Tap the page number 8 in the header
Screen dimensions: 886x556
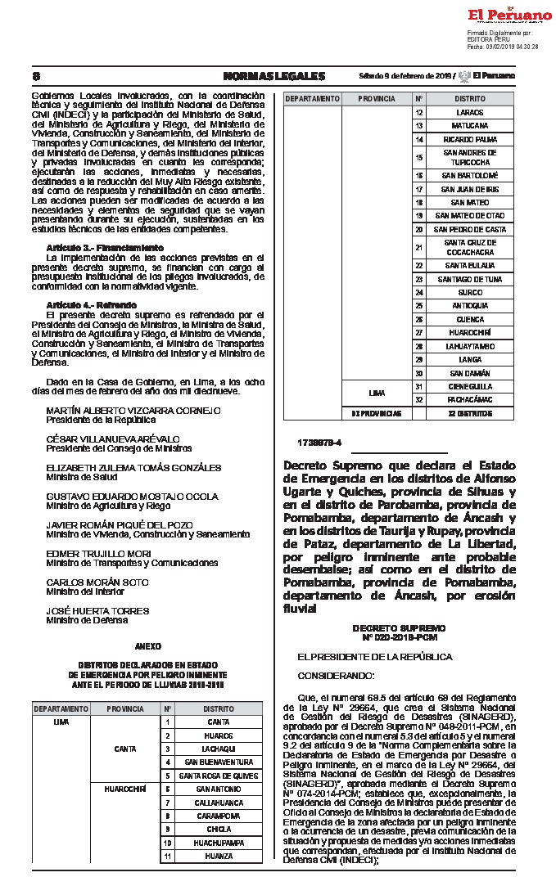pyautogui.click(x=36, y=76)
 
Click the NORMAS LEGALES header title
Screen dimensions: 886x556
pyautogui.click(x=273, y=76)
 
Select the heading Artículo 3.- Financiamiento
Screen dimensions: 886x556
pyautogui.click(x=105, y=247)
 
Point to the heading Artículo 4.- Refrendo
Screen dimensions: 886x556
pyautogui.click(x=91, y=304)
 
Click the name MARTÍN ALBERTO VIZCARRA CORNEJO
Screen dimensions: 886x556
pyautogui.click(x=133, y=410)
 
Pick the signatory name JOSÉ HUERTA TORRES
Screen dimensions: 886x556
pyautogui.click(x=97, y=611)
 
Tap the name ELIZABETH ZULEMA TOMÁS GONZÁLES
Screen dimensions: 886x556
pyautogui.click(x=133, y=468)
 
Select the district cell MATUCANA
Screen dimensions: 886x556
pyautogui.click(x=464, y=125)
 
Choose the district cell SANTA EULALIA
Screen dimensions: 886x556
pyautogui.click(x=464, y=266)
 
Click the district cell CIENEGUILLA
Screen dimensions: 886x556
pyautogui.click(x=464, y=386)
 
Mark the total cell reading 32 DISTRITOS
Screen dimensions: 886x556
pyautogui.click(x=464, y=414)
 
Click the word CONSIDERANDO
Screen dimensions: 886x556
pyautogui.click(x=336, y=676)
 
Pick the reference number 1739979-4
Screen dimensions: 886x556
pyautogui.click(x=320, y=443)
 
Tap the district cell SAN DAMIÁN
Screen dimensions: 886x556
pyautogui.click(x=464, y=373)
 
